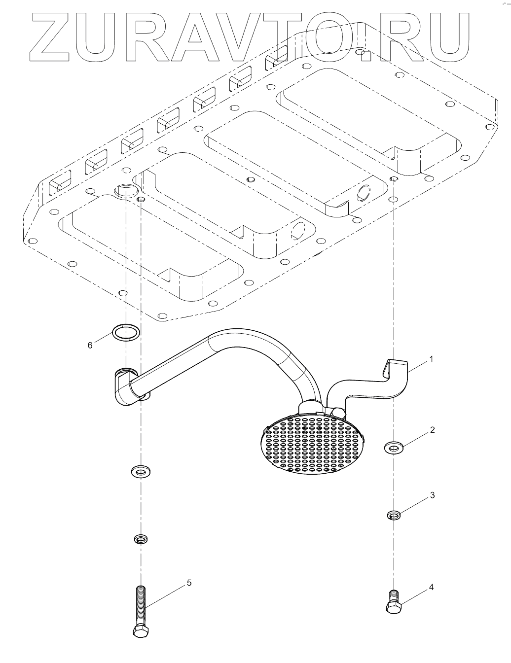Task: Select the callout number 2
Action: click(x=432, y=430)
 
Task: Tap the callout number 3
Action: click(x=432, y=495)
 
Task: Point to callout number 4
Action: click(x=431, y=587)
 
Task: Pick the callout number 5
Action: click(x=189, y=583)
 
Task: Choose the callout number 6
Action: click(x=90, y=346)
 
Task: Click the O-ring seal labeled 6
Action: click(x=126, y=332)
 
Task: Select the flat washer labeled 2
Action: click(x=394, y=448)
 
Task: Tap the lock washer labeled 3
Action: click(x=393, y=516)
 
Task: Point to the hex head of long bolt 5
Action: click(x=140, y=631)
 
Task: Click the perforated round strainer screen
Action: click(x=311, y=442)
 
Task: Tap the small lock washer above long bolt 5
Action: click(x=141, y=540)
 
